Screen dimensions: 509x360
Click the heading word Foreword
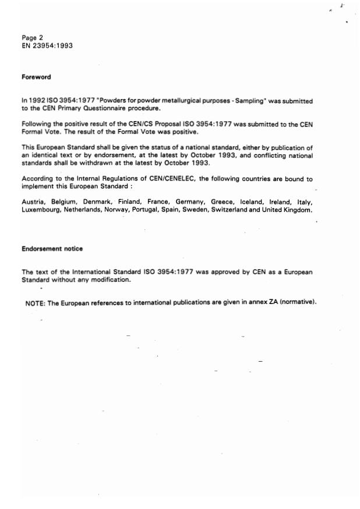point(37,77)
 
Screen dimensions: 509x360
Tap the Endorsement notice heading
point(52,249)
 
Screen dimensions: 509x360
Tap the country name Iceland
point(252,201)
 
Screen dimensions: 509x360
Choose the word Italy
point(304,201)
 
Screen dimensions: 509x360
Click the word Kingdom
point(297,209)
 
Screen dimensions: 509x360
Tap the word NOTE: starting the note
point(34,303)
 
